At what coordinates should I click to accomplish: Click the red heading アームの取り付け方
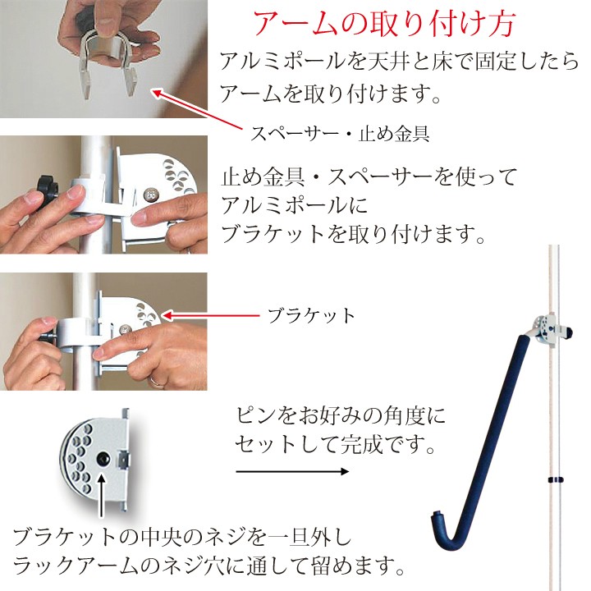click(x=384, y=23)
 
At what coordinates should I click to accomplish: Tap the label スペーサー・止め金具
click(x=340, y=134)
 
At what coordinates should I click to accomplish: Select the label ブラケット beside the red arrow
click(x=311, y=316)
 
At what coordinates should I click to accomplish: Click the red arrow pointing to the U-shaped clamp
click(x=197, y=109)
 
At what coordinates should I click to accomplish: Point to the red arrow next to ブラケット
click(x=211, y=315)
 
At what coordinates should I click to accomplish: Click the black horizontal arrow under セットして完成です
click(x=292, y=471)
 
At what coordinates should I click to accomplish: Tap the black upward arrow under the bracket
click(x=101, y=497)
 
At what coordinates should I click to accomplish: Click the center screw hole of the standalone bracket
click(x=103, y=459)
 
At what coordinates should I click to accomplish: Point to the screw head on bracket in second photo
click(x=152, y=195)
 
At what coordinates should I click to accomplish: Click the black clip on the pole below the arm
click(x=555, y=480)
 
